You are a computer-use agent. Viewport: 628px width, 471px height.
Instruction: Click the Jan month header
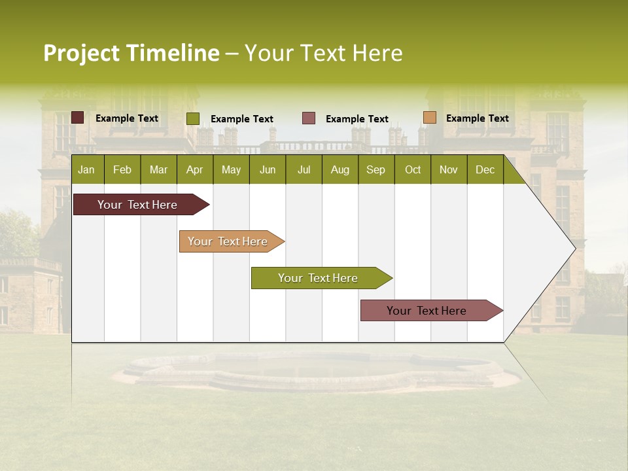86,169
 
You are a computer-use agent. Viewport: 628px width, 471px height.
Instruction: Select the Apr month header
194,169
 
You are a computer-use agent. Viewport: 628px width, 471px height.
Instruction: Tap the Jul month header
304,169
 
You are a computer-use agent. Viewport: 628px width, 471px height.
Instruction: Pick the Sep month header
375,169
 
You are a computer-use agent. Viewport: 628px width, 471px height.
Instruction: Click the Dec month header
485,169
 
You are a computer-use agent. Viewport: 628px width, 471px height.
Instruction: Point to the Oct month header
413,169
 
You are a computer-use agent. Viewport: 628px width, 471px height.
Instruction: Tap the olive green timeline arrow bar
319,278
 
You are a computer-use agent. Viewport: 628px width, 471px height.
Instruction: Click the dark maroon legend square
78,118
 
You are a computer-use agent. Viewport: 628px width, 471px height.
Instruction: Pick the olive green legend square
193,118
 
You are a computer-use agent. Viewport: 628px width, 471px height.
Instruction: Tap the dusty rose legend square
309,118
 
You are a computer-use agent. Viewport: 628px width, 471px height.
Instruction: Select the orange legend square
430,118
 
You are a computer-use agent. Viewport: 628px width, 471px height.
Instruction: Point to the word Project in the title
81,53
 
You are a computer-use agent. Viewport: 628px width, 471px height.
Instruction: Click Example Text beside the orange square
477,118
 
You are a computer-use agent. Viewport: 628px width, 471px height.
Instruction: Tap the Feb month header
122,169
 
